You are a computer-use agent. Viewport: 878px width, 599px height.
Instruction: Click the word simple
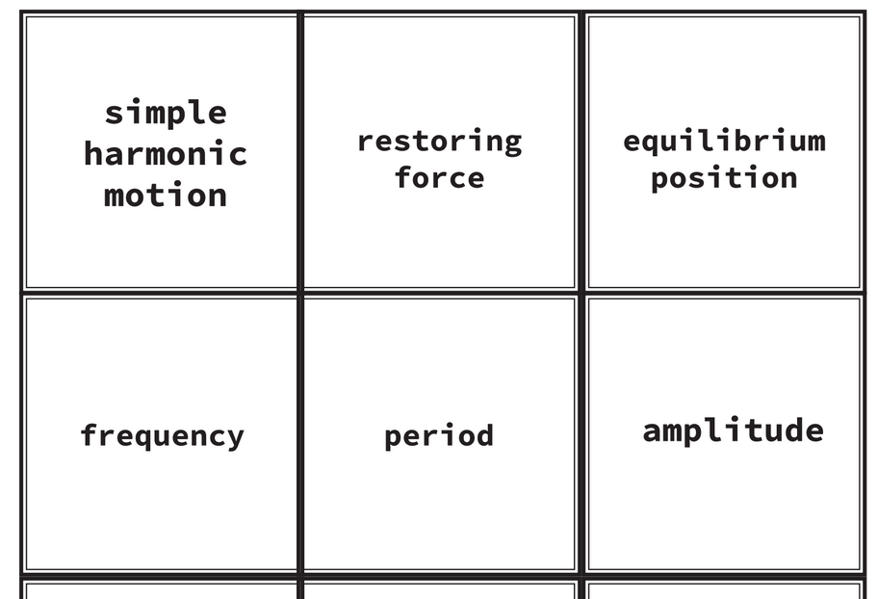tap(166, 113)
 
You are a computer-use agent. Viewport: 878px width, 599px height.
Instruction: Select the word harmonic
tap(166, 154)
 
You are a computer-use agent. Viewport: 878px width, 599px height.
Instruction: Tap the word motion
tap(166, 195)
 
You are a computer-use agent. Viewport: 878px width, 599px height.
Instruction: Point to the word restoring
tap(439, 142)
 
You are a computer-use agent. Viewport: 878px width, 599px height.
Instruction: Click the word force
tap(439, 178)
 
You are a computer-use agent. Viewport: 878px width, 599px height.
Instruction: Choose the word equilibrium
tap(724, 142)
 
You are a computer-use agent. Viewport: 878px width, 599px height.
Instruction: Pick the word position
tap(724, 178)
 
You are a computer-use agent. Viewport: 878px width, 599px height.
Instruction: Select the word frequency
tap(162, 435)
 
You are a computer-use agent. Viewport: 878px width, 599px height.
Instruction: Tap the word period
tap(439, 435)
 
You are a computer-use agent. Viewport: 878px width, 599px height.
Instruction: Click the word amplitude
tap(733, 430)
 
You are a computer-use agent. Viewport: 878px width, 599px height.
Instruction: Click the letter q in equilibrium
tap(652, 143)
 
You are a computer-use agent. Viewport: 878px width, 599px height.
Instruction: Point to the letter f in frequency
tap(90, 434)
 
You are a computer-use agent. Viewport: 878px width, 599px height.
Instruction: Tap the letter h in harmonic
tap(94, 153)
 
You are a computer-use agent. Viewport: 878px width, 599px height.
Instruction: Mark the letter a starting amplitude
tap(653, 431)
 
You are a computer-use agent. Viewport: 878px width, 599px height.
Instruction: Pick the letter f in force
tap(403, 177)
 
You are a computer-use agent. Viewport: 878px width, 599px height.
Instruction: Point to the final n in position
tap(788, 179)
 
